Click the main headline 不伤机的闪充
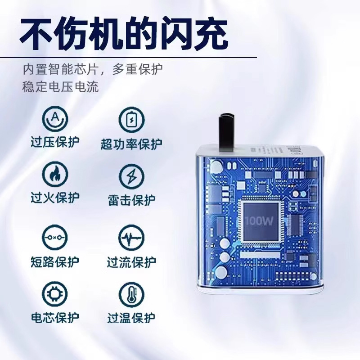124,35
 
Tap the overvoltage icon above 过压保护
55,119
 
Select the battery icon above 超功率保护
131,120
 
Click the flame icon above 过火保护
55,174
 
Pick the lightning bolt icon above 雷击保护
131,177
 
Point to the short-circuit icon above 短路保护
55,238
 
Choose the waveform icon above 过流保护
131,238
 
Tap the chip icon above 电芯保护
55,294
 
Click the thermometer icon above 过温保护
131,295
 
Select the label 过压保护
55,142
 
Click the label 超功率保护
131,144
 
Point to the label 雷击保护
131,200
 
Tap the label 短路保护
55,262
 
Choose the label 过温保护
131,318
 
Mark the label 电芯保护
55,318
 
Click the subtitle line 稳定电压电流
61,87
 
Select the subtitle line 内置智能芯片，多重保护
93,69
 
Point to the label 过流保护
131,262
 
